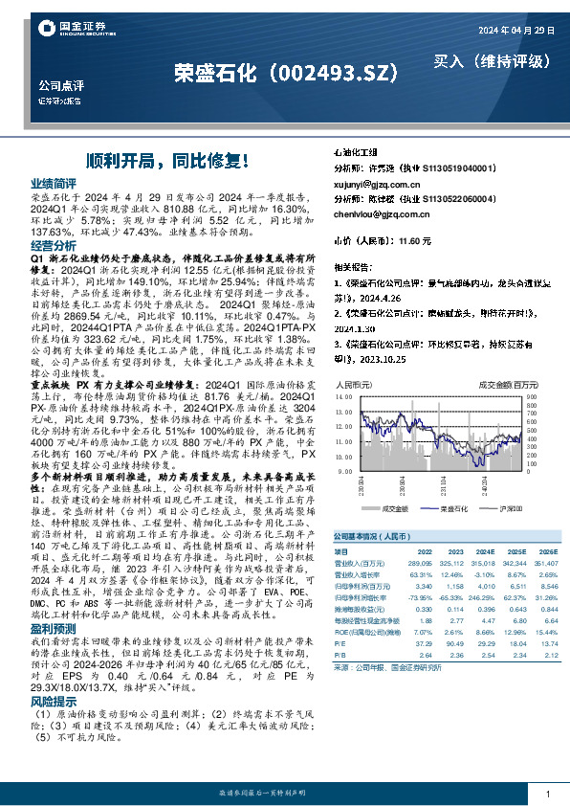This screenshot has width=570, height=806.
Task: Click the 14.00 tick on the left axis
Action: pyautogui.click(x=344, y=395)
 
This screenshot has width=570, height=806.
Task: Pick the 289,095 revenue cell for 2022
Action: pyautogui.click(x=421, y=565)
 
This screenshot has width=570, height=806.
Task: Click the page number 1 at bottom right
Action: pyautogui.click(x=547, y=795)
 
